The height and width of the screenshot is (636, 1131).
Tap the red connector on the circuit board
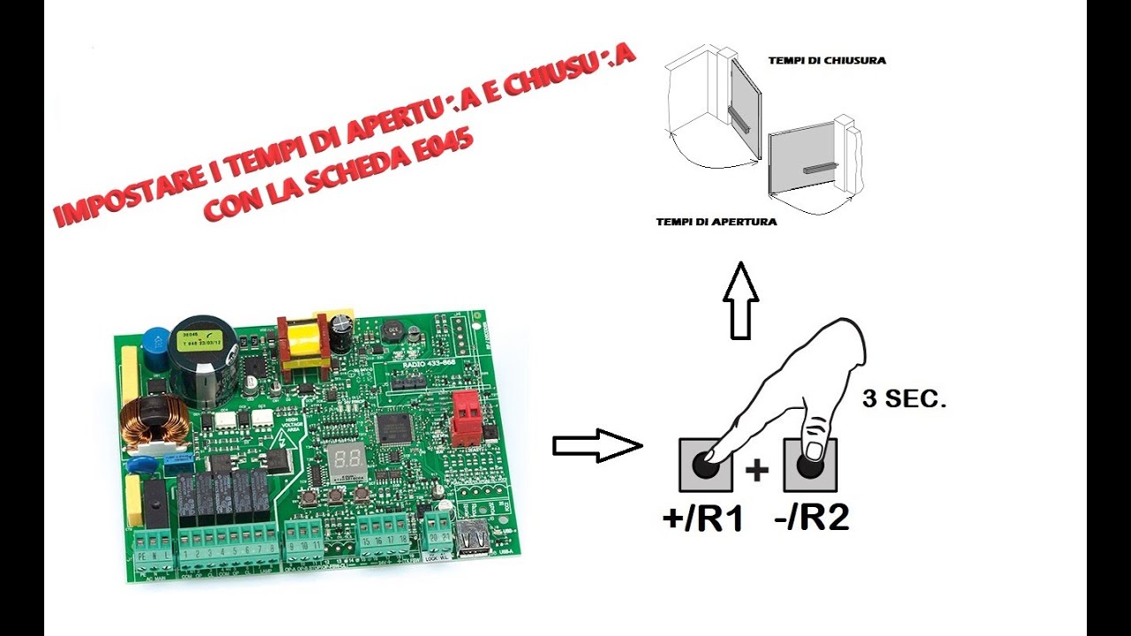[465, 418]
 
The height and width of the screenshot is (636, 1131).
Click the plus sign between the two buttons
[756, 471]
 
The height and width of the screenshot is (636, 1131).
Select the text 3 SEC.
[903, 399]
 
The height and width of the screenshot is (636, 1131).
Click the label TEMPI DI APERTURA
[717, 222]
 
